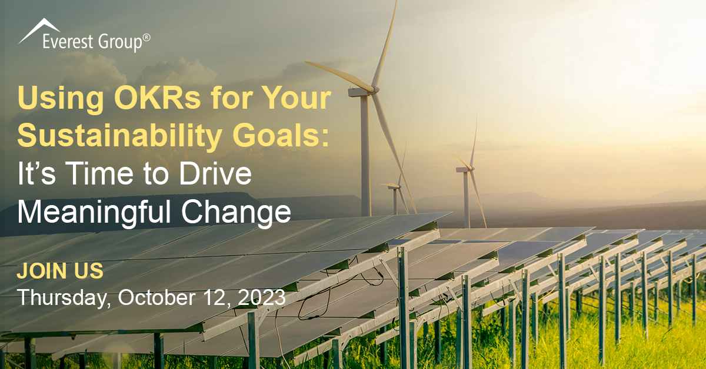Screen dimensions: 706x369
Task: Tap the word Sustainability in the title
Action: coord(120,136)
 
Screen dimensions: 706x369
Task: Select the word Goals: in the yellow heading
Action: coord(281,136)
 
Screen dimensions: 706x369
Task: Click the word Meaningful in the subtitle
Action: coord(94,212)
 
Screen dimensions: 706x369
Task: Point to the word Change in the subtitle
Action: coord(236,212)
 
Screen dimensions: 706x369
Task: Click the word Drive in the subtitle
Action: coord(215,173)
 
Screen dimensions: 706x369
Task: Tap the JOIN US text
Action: coord(60,271)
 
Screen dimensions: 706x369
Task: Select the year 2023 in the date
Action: coord(262,297)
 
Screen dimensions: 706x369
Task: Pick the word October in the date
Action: coord(156,297)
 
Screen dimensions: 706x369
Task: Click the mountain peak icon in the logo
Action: coord(39,31)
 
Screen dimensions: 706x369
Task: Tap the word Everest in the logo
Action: coord(68,42)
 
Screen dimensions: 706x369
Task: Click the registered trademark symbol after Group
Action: coord(146,38)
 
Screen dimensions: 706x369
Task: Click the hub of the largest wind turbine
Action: coord(374,90)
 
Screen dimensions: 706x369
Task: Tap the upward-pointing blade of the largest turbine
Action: coord(385,44)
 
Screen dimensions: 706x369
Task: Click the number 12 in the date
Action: coord(215,297)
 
